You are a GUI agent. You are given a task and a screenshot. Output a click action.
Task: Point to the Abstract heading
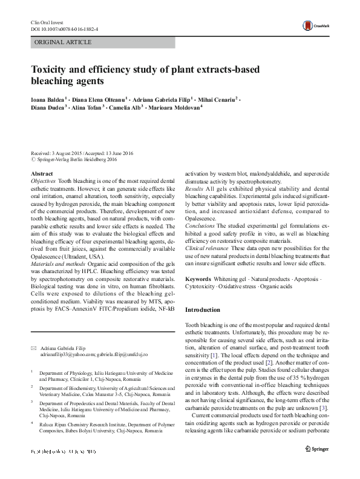[x=41, y=174]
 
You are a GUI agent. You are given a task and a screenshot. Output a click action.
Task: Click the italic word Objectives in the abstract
[x=43, y=181]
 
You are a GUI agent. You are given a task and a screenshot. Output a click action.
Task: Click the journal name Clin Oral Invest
[x=45, y=22]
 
